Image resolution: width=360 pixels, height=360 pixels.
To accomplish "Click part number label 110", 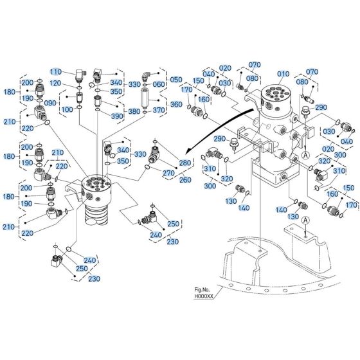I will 55,71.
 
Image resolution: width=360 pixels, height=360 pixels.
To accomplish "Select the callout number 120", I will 55,84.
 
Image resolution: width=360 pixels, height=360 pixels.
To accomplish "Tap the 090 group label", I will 51,103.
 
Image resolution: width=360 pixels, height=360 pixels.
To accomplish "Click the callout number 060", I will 159,84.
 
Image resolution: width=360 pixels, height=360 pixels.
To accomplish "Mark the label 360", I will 175,104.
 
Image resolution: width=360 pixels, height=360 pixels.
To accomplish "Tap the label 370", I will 159,111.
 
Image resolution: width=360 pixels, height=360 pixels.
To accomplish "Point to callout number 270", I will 168,173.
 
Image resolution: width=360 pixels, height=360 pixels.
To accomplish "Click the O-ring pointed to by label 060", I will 145,85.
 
